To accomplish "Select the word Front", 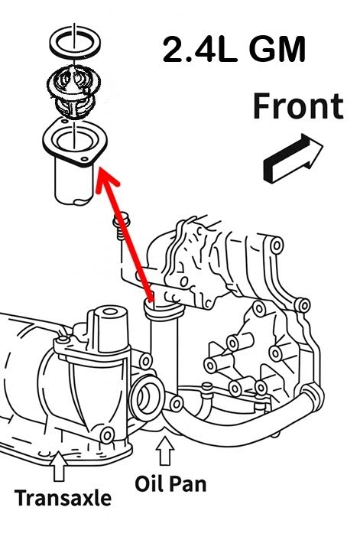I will point(297,107).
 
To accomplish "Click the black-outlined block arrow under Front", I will point(290,158).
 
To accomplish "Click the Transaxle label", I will point(63,499).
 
